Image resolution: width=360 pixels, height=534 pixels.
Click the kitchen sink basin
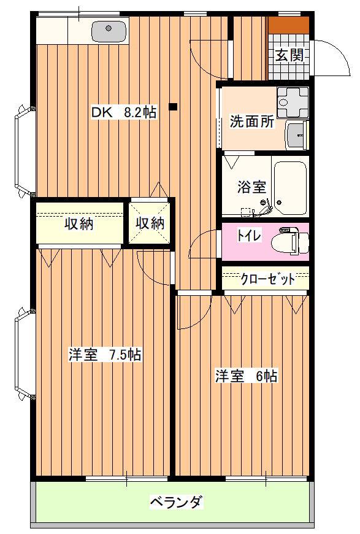(109, 31)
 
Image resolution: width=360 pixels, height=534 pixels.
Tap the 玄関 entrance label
(289, 55)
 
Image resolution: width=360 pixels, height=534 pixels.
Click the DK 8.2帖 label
(124, 112)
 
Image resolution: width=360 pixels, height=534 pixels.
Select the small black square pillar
(173, 107)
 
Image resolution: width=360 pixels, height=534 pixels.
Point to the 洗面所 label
(252, 122)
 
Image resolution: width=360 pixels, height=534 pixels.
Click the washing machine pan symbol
(293, 101)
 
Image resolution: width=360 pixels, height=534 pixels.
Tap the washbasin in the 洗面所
(297, 135)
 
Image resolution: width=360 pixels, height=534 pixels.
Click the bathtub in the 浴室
(290, 188)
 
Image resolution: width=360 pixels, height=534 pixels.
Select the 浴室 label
(251, 187)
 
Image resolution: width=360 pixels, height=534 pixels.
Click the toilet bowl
(290, 241)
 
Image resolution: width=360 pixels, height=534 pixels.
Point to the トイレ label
(250, 236)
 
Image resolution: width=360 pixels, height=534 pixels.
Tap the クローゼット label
(268, 279)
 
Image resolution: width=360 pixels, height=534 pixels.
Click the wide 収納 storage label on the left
(79, 224)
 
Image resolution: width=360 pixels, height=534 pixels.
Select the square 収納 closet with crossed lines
(150, 223)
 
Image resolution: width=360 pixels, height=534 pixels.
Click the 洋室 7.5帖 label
(105, 355)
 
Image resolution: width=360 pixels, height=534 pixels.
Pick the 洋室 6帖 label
(246, 376)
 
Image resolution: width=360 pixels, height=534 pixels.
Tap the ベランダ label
(177, 501)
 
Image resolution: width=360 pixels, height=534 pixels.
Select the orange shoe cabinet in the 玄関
(289, 25)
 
